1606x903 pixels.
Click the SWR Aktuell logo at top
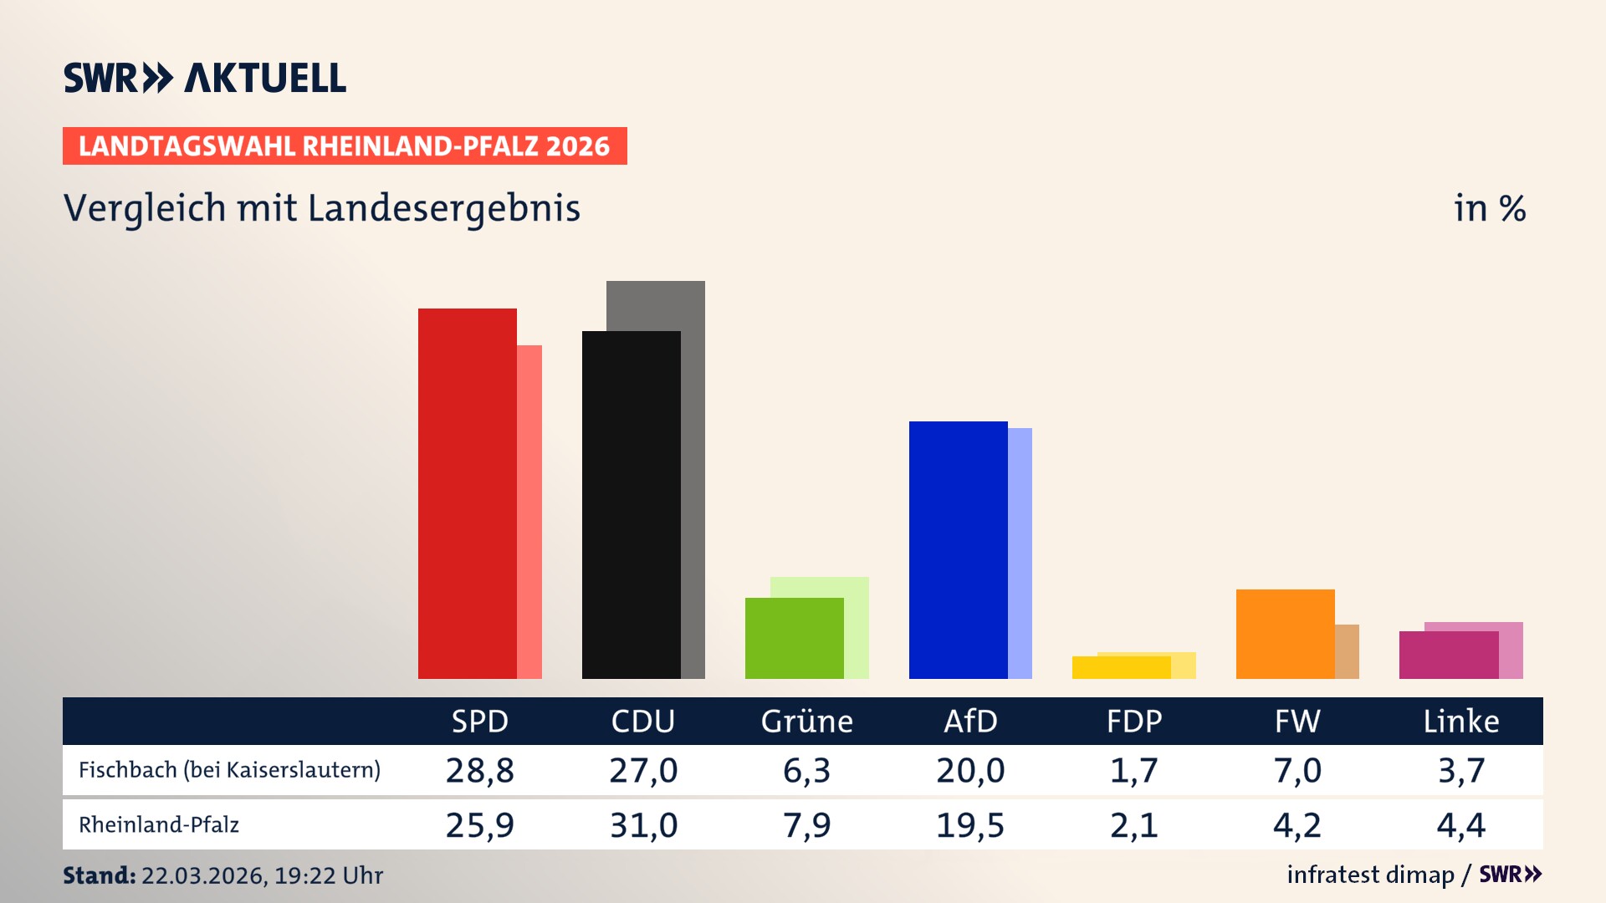coord(204,78)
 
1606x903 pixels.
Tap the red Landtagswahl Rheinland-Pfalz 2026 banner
coord(345,146)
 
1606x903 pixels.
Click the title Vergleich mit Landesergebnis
coord(321,208)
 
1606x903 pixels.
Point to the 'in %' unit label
coord(1489,208)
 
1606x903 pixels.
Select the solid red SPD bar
coord(467,493)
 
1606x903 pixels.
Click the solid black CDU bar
coord(631,505)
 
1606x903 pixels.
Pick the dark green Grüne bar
coord(794,638)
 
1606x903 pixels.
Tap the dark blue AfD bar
coord(958,549)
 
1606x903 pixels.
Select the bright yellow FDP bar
coord(1121,667)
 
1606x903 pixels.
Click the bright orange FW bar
coord(1285,634)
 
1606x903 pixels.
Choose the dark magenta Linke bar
coord(1448,655)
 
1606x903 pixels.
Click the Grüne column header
coord(806,722)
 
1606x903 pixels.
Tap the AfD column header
coord(970,722)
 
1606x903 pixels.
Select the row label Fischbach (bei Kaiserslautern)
coord(229,770)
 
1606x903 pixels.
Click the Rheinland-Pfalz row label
coord(159,825)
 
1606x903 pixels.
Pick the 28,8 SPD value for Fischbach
coord(479,770)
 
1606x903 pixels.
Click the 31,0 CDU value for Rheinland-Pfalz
coord(643,825)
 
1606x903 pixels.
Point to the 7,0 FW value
coord(1297,770)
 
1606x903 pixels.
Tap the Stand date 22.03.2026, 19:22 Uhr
coord(261,875)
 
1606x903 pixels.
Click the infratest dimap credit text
coord(1370,875)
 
